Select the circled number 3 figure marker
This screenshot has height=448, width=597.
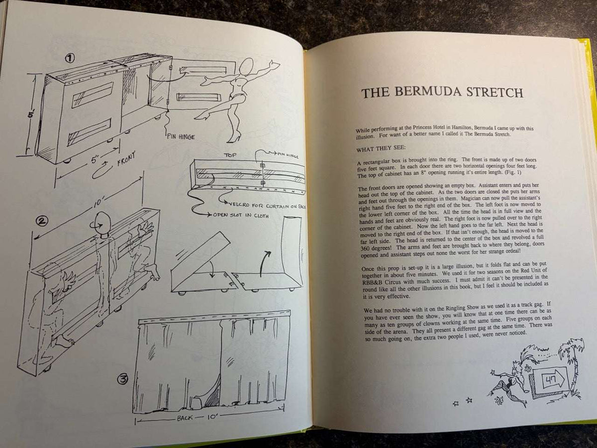[123, 379]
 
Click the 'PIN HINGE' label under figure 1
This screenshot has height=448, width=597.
[181, 136]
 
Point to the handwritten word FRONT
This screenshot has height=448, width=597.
[127, 159]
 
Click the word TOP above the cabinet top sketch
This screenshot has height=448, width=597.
[230, 155]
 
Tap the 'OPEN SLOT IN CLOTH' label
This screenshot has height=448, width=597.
[240, 215]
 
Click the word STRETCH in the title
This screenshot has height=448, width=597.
[495, 93]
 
